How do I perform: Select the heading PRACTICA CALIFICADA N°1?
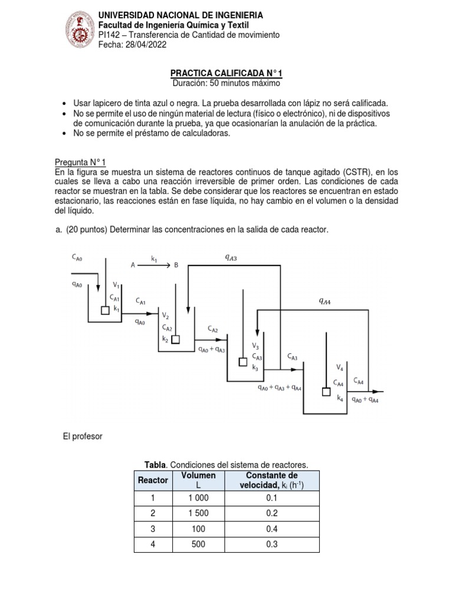[226, 73]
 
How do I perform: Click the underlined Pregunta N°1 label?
[80, 162]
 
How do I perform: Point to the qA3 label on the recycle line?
[231, 257]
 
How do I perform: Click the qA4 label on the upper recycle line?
[324, 301]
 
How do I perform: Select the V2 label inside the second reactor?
[166, 316]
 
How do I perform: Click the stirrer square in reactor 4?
[326, 390]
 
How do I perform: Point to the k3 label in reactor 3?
[255, 367]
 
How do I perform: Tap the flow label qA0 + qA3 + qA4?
[280, 388]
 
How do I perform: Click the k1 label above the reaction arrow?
[154, 258]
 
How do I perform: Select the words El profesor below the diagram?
[82, 436]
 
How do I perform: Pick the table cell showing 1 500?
[198, 513]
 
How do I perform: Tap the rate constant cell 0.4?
[272, 528]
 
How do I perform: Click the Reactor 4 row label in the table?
[153, 544]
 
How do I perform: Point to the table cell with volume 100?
[198, 528]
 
